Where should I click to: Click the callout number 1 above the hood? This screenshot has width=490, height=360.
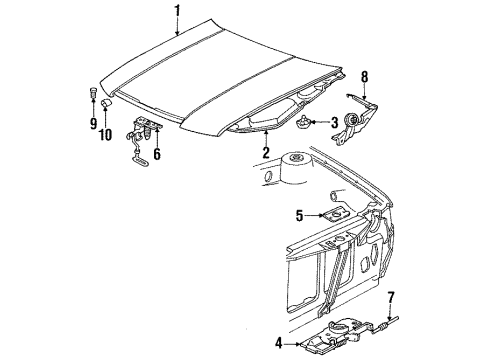pos(178,12)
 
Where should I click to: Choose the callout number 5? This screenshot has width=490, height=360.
pos(300,213)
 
